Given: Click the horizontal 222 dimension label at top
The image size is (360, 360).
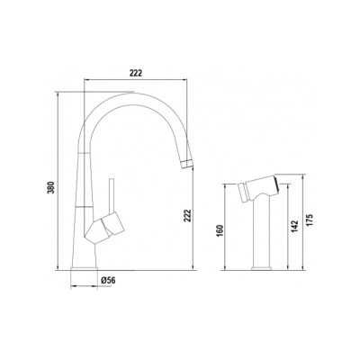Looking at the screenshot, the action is click(x=136, y=73).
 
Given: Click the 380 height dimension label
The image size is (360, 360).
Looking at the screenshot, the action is click(x=51, y=187).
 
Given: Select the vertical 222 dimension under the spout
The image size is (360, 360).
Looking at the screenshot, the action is click(x=186, y=215).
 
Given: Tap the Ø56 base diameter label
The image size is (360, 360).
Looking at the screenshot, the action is click(x=108, y=280).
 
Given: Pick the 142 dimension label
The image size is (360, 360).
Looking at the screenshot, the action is click(x=295, y=226).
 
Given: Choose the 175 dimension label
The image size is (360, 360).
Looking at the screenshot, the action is click(x=310, y=220).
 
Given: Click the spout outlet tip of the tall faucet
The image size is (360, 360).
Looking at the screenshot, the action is click(x=187, y=164).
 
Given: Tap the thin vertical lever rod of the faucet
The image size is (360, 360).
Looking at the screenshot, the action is click(x=112, y=195).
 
